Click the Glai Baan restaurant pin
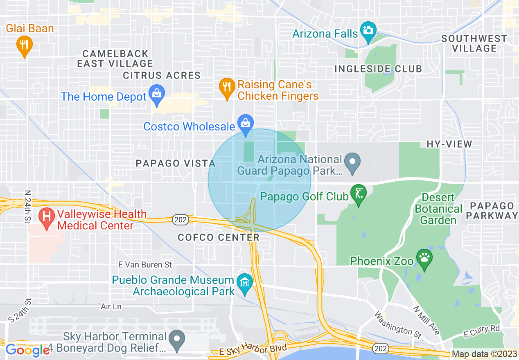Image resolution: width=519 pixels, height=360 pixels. [25, 45]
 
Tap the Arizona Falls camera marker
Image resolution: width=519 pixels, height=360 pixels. [368, 31]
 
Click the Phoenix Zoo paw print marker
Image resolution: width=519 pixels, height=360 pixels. [424, 258]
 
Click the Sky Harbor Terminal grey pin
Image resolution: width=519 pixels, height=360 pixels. [177, 340]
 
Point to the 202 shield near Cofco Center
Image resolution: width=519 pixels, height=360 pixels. [180, 220]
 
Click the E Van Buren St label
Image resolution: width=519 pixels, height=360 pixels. [145, 265]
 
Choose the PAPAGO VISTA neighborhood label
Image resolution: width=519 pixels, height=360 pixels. [176, 164]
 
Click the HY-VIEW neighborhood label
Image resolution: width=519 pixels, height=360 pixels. [449, 144]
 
